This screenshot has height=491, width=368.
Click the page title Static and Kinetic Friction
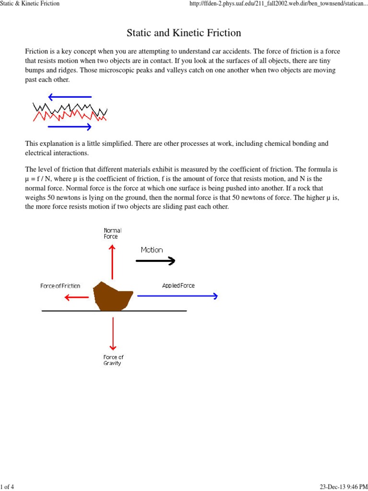tap(184, 33)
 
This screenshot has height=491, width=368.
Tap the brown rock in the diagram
tap(112, 295)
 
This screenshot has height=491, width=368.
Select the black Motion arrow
tap(156, 261)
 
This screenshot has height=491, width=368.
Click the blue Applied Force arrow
tap(177, 296)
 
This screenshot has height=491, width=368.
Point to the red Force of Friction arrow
tap(77, 297)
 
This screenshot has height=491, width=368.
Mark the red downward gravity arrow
tap(113, 333)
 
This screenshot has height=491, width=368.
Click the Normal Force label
tap(113, 234)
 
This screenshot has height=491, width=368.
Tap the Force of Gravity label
tap(113, 360)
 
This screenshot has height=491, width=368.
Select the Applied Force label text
tap(178, 286)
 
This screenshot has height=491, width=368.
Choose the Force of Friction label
tap(60, 286)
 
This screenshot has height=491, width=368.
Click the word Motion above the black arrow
tap(151, 250)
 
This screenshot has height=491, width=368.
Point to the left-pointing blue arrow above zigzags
tap(69, 97)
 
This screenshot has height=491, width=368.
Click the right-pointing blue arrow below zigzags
tap(69, 127)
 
